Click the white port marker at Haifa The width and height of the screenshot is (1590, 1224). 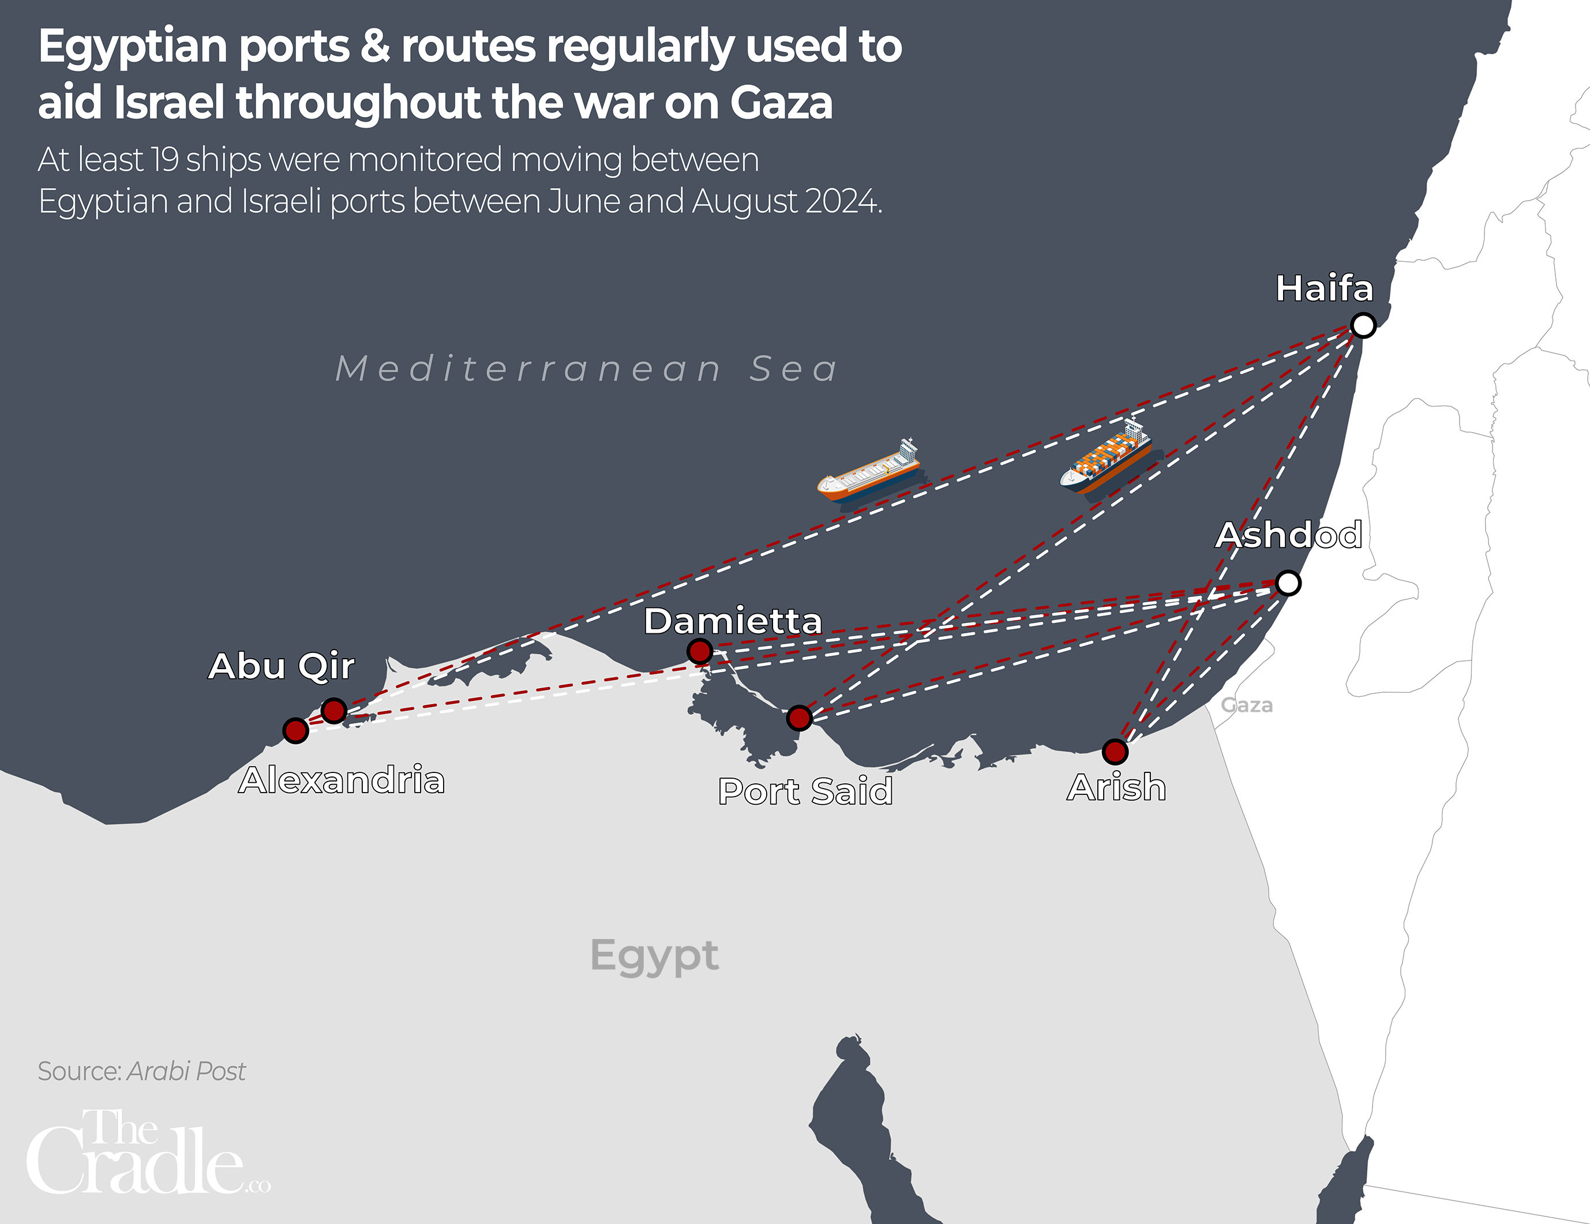click(x=1363, y=325)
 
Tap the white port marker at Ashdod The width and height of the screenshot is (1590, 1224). click(x=1288, y=583)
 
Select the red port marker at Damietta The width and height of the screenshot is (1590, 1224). click(x=700, y=651)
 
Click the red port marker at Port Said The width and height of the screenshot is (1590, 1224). click(x=798, y=718)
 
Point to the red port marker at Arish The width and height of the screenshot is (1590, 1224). click(x=1115, y=751)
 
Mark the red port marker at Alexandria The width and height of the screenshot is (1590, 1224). click(x=295, y=730)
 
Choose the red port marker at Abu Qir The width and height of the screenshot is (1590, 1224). click(x=333, y=710)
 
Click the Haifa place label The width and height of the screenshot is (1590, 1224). click(x=1324, y=288)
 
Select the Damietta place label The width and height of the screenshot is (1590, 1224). click(x=732, y=621)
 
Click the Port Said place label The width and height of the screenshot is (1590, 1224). click(x=805, y=791)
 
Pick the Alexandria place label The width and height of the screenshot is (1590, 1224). click(x=342, y=780)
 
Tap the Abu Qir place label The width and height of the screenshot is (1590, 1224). click(x=281, y=666)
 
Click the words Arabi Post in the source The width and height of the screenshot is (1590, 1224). click(x=186, y=1071)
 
